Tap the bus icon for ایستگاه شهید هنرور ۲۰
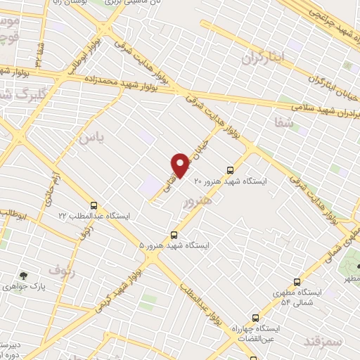pos(230,169)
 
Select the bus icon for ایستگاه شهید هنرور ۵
pos(174,235)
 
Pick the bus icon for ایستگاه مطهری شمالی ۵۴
pos(297,281)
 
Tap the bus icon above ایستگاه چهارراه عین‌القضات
pos(255,318)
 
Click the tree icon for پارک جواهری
pos(25,276)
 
